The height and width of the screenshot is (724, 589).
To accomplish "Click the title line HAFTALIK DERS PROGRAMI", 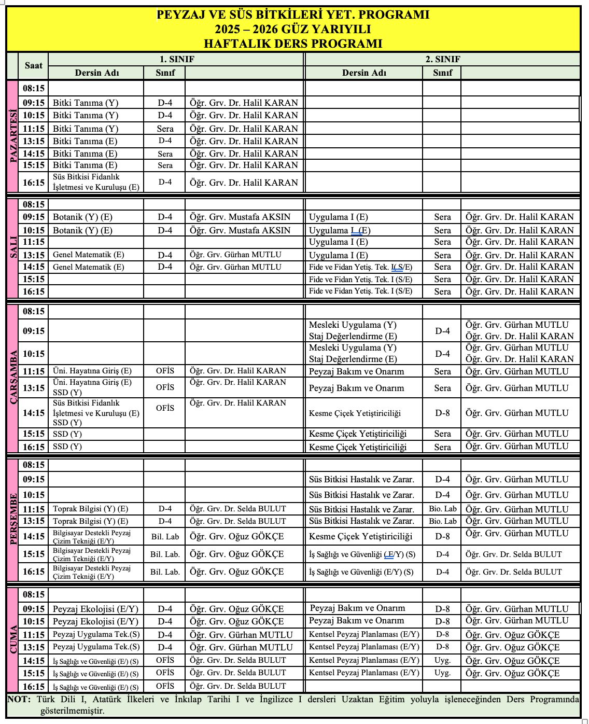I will tap(293, 44).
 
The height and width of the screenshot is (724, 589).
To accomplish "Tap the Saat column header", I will tap(34, 65).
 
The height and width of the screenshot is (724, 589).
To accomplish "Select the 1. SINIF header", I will tap(176, 59).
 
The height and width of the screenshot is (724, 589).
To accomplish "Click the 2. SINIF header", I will tap(442, 59).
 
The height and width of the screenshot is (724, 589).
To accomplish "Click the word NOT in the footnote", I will tap(19, 699).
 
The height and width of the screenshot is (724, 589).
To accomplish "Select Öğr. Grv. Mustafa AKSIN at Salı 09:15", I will tap(240, 217).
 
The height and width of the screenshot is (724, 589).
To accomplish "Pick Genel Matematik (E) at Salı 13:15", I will tap(89, 255).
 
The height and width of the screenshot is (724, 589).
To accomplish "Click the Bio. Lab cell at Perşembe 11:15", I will tap(442, 509).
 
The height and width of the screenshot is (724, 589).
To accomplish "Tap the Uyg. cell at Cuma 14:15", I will tap(442, 660).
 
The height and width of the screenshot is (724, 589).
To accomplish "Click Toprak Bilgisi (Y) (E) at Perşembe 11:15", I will tap(90, 509).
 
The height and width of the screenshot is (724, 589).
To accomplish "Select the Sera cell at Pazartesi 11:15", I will tap(165, 129).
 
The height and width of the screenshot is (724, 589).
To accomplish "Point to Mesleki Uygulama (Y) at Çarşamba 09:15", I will tap(353, 325).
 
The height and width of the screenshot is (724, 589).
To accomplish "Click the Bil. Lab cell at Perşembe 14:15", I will tap(165, 537).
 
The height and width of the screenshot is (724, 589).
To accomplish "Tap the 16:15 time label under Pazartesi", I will tap(34, 183).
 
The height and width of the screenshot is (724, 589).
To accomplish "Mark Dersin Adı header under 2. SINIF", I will tap(364, 73).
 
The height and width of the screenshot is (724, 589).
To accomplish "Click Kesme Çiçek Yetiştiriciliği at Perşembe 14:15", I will tap(360, 536).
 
